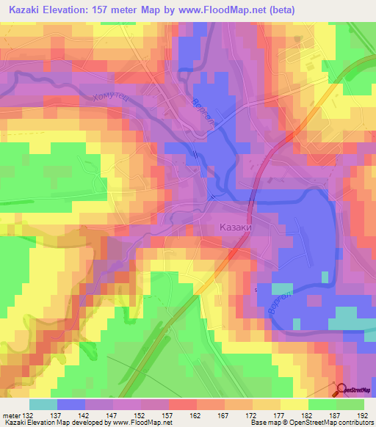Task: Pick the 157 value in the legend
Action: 181,416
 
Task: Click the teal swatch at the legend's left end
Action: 43,404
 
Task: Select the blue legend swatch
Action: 71,404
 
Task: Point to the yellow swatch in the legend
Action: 294,404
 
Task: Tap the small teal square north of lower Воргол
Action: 282,288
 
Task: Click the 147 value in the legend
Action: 123,416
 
